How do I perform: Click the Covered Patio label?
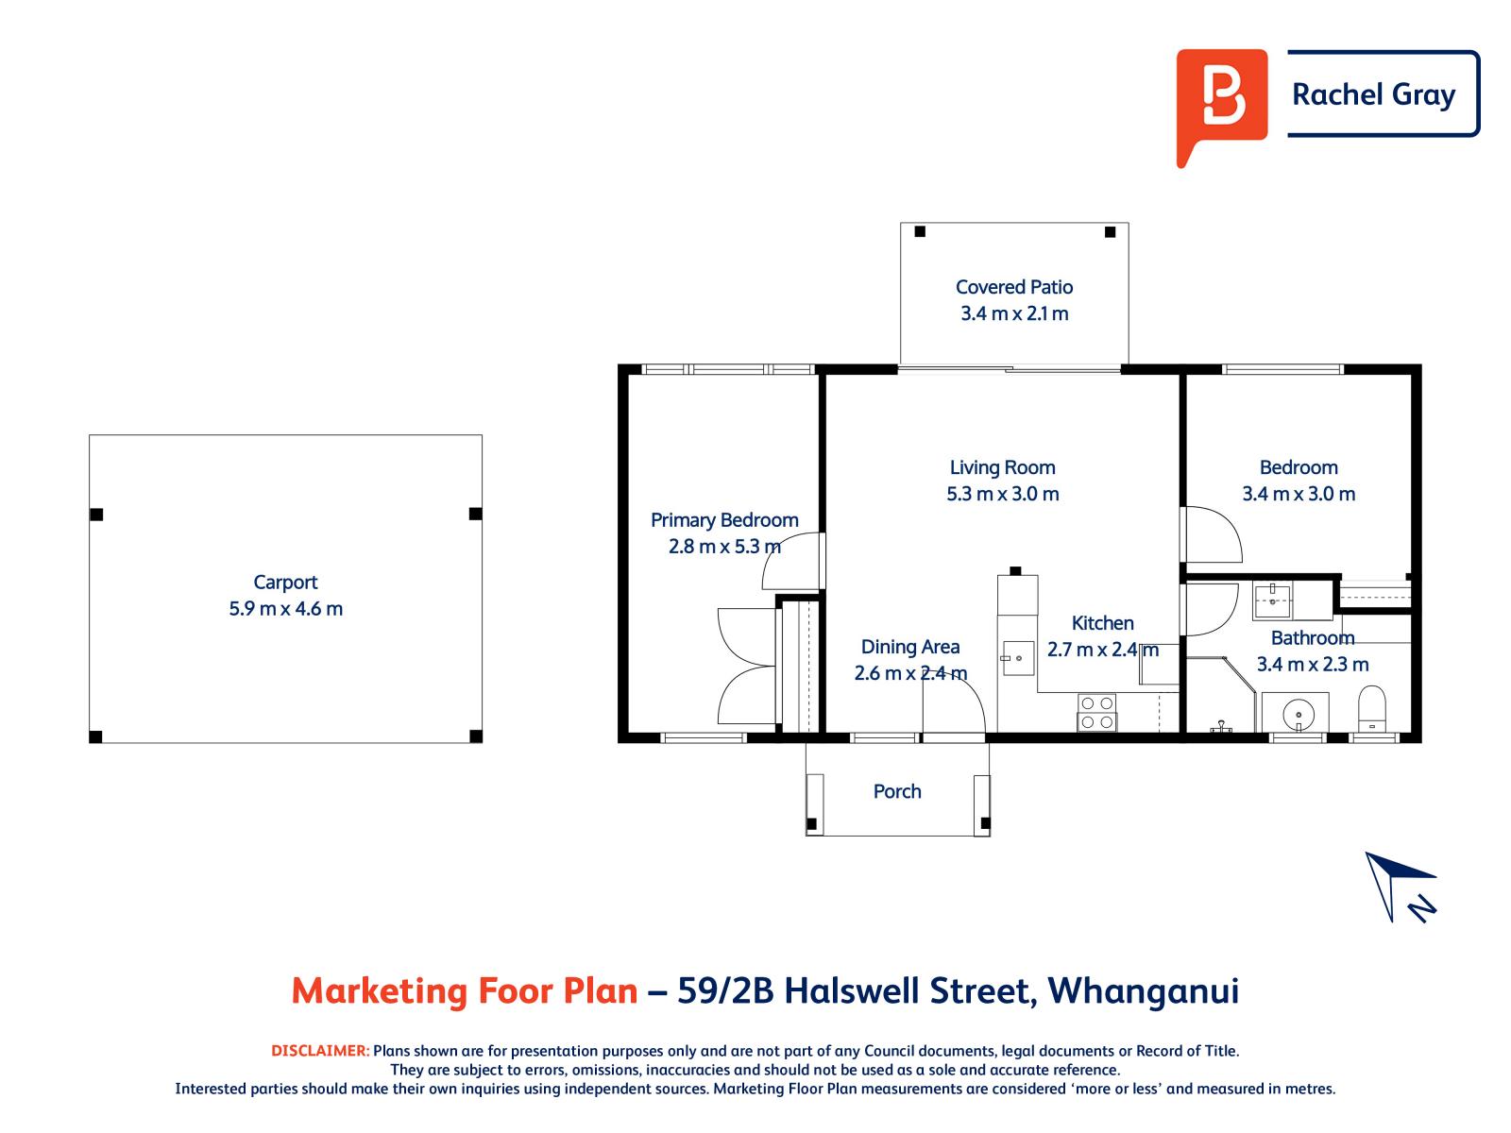pos(1013,287)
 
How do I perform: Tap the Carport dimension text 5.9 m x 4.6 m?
pos(285,609)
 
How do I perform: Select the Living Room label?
pos(1002,467)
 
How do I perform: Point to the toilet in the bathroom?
pos(1370,710)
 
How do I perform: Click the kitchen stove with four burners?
pos(1096,712)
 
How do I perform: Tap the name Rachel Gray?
pos(1373,94)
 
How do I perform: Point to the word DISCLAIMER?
pos(320,1051)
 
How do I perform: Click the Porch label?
pos(896,791)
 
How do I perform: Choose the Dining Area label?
pos(909,647)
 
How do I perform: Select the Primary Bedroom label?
pos(724,520)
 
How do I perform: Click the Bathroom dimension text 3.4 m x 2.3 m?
pos(1312,664)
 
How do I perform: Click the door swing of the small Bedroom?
pos(1212,535)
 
